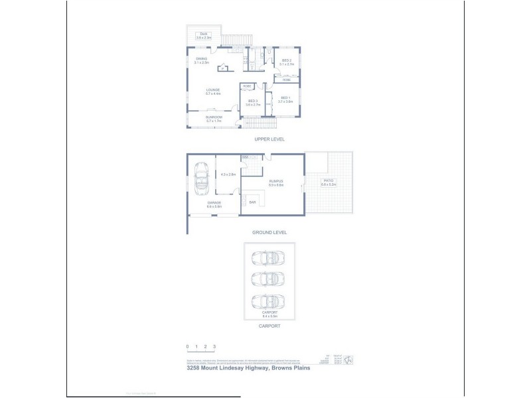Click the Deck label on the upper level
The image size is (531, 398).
point(204,34)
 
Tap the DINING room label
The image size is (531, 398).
point(202,59)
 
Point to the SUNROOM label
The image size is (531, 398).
point(213,117)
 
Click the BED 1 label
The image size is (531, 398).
point(285,98)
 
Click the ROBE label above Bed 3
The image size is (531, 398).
point(246,86)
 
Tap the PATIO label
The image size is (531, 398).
point(328,180)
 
